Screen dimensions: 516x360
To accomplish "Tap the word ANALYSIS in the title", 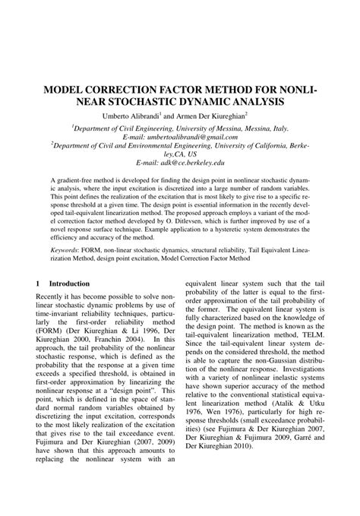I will click(x=255, y=102).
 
